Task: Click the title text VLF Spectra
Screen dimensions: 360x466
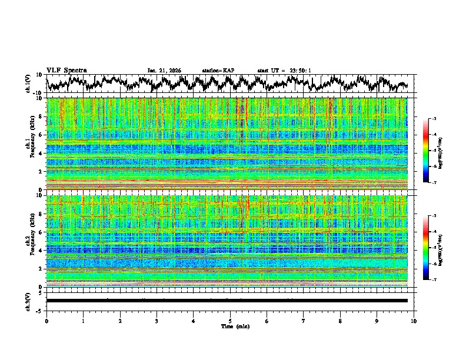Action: [x=66, y=70]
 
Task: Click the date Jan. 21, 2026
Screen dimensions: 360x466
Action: [x=164, y=71]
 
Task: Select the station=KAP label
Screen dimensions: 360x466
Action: [x=218, y=71]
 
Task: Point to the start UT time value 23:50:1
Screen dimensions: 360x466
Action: [x=299, y=71]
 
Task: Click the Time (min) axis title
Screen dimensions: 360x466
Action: [x=230, y=326]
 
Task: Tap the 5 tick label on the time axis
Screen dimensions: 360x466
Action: [x=230, y=321]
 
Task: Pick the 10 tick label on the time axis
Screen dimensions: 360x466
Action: [x=414, y=321]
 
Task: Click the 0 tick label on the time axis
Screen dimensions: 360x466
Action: [x=46, y=321]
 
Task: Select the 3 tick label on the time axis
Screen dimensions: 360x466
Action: [x=157, y=321]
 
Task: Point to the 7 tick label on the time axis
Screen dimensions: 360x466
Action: [x=304, y=321]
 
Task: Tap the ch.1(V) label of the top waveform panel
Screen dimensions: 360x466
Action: [x=28, y=84]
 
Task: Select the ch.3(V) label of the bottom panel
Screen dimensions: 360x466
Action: [x=28, y=301]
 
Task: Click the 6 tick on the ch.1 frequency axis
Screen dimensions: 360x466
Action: [x=42, y=135]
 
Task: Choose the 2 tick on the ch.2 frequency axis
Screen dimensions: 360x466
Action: [x=42, y=269]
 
